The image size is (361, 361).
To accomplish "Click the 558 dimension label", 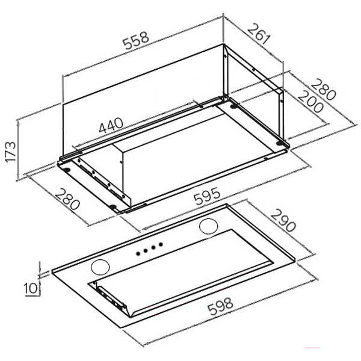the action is (136, 40).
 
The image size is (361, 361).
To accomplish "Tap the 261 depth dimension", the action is (259, 34).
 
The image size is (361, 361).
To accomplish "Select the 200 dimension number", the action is (311, 102).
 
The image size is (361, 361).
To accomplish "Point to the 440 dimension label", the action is (111, 125).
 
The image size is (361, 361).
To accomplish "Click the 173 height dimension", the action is (11, 152).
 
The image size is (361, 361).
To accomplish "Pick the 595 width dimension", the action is (207, 196).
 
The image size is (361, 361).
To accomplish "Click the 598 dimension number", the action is (220, 306).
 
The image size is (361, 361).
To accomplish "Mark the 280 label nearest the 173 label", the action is (67, 199).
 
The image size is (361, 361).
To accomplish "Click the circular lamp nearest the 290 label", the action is (209, 226).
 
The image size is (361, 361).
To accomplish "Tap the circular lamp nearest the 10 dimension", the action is (100, 267).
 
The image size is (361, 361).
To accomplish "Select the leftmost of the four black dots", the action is (138, 253).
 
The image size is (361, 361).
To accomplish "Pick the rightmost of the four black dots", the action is (161, 244).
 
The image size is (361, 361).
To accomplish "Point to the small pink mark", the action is (312, 354).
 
